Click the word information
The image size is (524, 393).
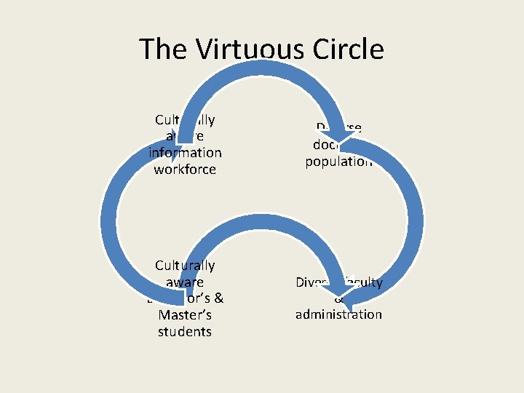[185, 153]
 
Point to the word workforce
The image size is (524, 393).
[185, 169]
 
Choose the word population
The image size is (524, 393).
[338, 162]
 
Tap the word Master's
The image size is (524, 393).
[185, 315]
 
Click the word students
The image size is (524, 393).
[185, 331]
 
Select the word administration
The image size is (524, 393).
[338, 314]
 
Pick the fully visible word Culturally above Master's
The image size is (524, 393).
[185, 266]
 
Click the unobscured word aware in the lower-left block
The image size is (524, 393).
[185, 282]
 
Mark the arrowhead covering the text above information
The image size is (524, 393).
[174, 143]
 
